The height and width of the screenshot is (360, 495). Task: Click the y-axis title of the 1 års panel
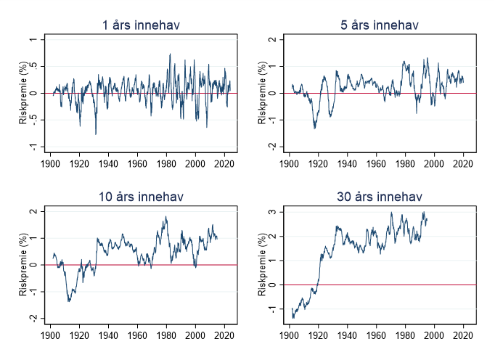pyautogui.click(x=24, y=93)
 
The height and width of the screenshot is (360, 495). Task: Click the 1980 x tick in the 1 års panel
pyautogui.click(x=166, y=164)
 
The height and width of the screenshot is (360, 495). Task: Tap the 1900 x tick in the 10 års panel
pyautogui.click(x=50, y=336)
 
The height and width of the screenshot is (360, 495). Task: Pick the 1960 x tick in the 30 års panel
pyautogui.click(x=377, y=336)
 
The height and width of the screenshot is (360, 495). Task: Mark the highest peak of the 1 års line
pyautogui.click(x=170, y=54)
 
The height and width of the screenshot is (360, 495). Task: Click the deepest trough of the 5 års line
pyautogui.click(x=315, y=128)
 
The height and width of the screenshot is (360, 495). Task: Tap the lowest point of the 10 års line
pyautogui.click(x=69, y=300)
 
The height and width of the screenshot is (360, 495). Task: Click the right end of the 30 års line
pyautogui.click(x=427, y=219)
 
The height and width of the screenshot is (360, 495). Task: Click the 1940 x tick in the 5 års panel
pyautogui.click(x=348, y=164)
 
